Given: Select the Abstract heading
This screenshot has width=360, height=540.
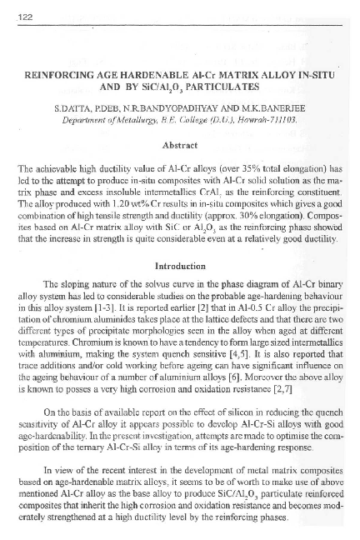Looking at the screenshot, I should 179,143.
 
